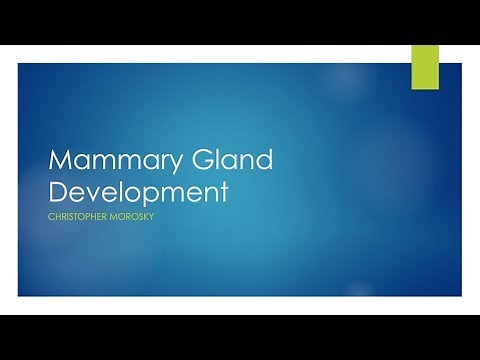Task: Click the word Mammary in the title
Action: pos(102,161)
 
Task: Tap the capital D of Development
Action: pos(58,189)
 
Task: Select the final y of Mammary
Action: pos(149,165)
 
